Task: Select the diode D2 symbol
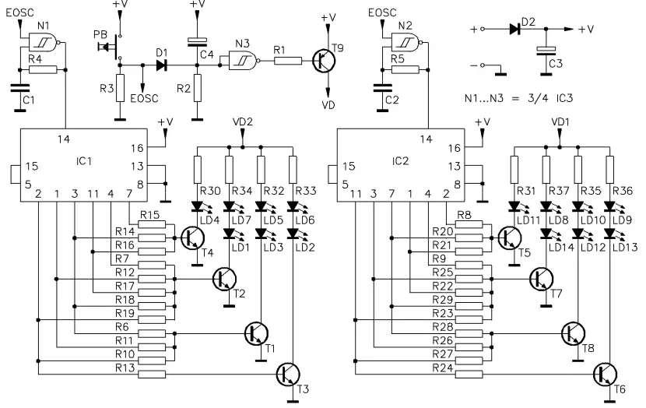514,29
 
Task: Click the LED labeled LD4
197,206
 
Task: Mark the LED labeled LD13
610,233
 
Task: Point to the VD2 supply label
244,123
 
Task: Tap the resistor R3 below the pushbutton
119,92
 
